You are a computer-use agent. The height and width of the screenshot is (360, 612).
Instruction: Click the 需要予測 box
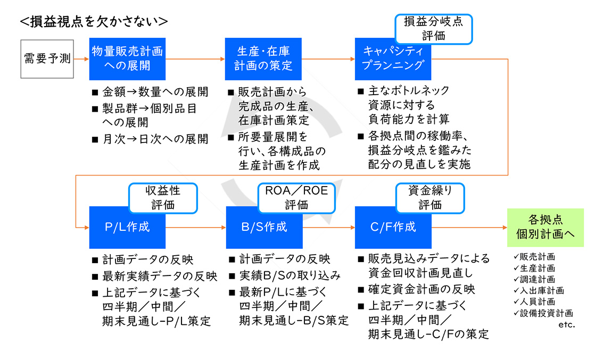(x=47, y=59)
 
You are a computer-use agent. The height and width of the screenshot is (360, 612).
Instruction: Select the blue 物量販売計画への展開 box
(x=127, y=59)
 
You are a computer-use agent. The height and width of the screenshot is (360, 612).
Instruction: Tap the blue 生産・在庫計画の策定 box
(x=263, y=59)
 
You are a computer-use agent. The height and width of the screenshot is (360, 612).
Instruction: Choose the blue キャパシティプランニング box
(x=393, y=62)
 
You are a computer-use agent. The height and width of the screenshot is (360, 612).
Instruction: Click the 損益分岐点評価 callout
(x=434, y=29)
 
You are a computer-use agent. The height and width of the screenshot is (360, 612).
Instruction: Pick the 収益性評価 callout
(x=163, y=198)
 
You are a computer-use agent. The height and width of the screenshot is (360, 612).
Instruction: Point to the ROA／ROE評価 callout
(x=296, y=198)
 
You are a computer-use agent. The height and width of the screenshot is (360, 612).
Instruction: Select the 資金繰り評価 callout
(x=430, y=198)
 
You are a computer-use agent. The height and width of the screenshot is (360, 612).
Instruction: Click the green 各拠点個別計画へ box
(x=545, y=228)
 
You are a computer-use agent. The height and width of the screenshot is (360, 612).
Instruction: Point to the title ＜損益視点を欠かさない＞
(x=94, y=21)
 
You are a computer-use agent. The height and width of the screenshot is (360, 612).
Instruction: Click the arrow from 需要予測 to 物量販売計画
(x=81, y=59)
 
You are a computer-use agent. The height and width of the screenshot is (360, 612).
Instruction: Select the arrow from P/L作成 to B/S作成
(x=196, y=228)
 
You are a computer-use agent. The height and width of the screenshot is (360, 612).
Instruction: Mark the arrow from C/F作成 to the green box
(x=469, y=228)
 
